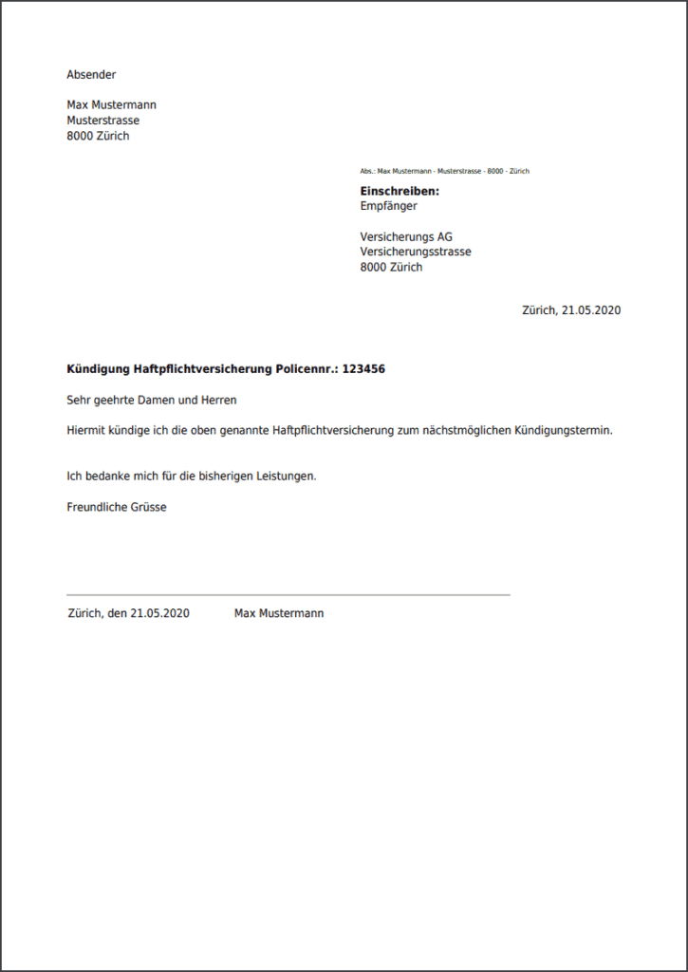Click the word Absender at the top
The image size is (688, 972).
click(x=91, y=74)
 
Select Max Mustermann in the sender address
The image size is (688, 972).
click(x=111, y=104)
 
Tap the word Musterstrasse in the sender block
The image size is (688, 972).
click(x=102, y=121)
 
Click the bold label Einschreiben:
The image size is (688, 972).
click(x=400, y=191)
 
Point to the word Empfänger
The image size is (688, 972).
click(x=388, y=206)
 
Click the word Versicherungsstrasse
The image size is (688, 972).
click(x=416, y=252)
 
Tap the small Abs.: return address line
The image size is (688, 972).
click(x=444, y=171)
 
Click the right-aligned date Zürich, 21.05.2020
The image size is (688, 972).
click(x=571, y=309)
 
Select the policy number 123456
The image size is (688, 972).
click(x=363, y=368)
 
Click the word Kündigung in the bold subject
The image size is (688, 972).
click(x=99, y=368)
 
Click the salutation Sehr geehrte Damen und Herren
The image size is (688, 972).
click(x=152, y=400)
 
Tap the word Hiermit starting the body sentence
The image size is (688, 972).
click(x=86, y=430)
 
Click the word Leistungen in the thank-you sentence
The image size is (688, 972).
click(x=283, y=476)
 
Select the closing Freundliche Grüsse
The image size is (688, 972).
click(x=117, y=507)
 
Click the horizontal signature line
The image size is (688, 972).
click(x=288, y=594)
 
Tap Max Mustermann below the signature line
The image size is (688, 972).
click(x=279, y=613)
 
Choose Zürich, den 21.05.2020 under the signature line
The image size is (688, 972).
click(x=128, y=613)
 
